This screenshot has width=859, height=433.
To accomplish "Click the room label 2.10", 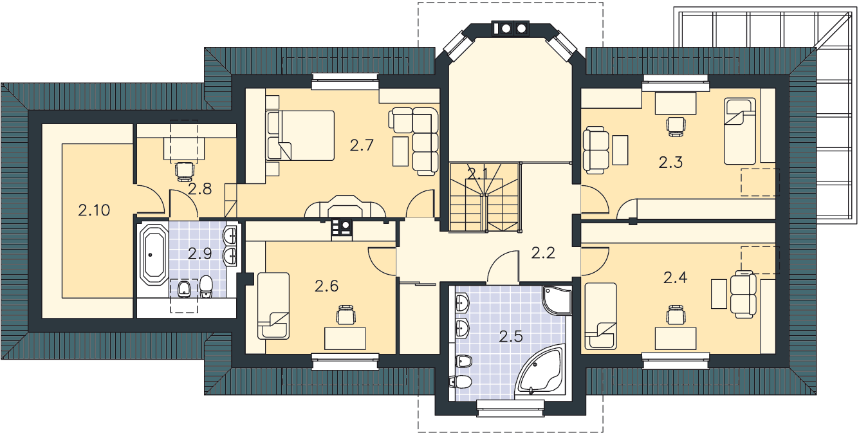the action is coord(94,210).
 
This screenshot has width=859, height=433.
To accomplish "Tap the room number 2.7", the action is coord(362,145).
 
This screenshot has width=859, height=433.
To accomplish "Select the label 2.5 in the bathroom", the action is coord(511,336).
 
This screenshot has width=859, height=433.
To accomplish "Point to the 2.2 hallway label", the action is coord(544,253).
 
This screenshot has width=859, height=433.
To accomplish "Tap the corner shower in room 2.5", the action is coord(556,300).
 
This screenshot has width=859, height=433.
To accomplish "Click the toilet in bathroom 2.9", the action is coord(207,286).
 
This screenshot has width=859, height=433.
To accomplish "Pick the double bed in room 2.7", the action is coord(300,135).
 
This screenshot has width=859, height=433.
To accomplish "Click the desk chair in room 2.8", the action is coord(185,171).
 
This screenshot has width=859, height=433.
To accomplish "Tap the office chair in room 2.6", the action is coord(346,315).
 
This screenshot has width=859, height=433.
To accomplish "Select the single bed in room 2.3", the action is coord(740,131).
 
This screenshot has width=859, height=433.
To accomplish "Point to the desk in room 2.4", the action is coord(676,338).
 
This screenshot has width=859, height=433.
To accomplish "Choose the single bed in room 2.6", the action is coord(273,306).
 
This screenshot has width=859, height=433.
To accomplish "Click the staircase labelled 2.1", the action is coord(485,198).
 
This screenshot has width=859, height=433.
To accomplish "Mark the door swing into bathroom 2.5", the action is coord(503,267).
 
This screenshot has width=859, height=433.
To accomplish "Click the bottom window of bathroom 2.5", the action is coord(511,408).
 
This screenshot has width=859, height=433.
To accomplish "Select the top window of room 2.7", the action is coord(345,82).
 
